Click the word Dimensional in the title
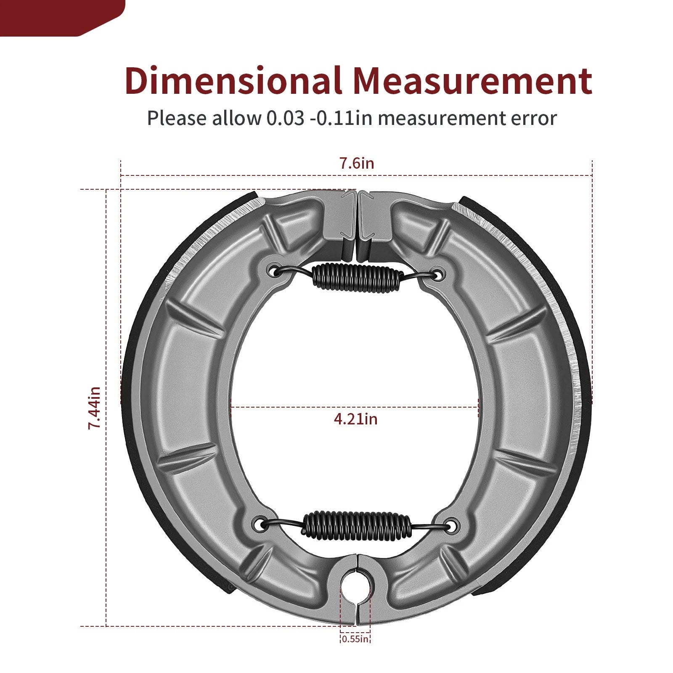click(x=233, y=80)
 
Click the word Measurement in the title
click(x=472, y=80)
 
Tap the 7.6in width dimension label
click(x=357, y=163)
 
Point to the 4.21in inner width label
click(x=355, y=419)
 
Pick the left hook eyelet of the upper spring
click(x=276, y=271)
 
